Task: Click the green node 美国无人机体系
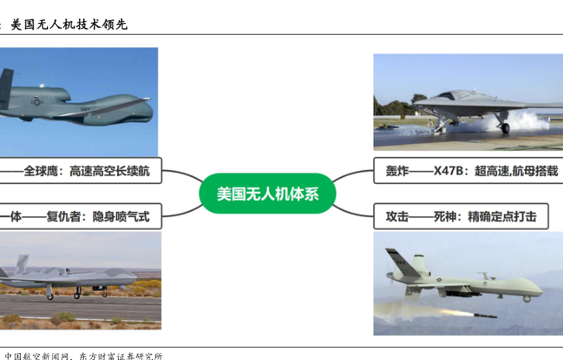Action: tap(268, 193)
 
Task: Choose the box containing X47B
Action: tap(468, 170)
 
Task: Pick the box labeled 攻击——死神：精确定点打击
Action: tap(461, 216)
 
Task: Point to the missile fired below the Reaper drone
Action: tap(485, 316)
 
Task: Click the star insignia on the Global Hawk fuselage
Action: tap(36, 102)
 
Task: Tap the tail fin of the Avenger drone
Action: tap(22, 264)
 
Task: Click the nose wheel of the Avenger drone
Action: tap(105, 292)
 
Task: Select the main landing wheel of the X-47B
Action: tap(505, 128)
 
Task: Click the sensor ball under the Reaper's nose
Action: tap(526, 299)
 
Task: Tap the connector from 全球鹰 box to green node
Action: tap(183, 174)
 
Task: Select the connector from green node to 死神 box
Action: tap(353, 212)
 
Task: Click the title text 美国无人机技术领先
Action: tap(69, 24)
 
